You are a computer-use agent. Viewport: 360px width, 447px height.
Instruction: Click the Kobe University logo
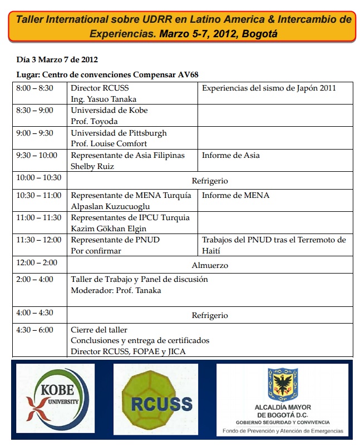coord(53,399)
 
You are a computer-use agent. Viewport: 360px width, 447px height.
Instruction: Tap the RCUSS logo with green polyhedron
coord(154,399)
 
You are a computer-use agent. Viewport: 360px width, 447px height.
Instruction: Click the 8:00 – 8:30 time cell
coord(35,88)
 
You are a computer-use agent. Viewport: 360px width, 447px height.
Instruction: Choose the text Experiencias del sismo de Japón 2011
coord(269,88)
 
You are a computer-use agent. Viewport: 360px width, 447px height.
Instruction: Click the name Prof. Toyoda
coord(94,121)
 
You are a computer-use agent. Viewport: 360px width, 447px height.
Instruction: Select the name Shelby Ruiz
coord(92,166)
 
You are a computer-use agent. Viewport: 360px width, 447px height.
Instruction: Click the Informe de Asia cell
coord(230,155)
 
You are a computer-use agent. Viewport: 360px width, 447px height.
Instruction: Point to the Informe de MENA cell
coord(235,195)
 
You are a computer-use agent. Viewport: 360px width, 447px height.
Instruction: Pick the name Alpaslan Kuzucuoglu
coord(111,206)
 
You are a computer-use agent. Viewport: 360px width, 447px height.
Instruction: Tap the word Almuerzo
coord(210,266)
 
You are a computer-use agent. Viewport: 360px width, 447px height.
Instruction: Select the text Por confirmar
coord(96,251)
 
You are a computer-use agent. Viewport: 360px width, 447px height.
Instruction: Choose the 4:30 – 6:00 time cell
coord(35,330)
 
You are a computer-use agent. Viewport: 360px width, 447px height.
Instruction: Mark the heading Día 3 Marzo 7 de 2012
coord(57,59)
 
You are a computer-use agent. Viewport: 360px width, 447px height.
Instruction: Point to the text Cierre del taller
coord(99,330)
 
